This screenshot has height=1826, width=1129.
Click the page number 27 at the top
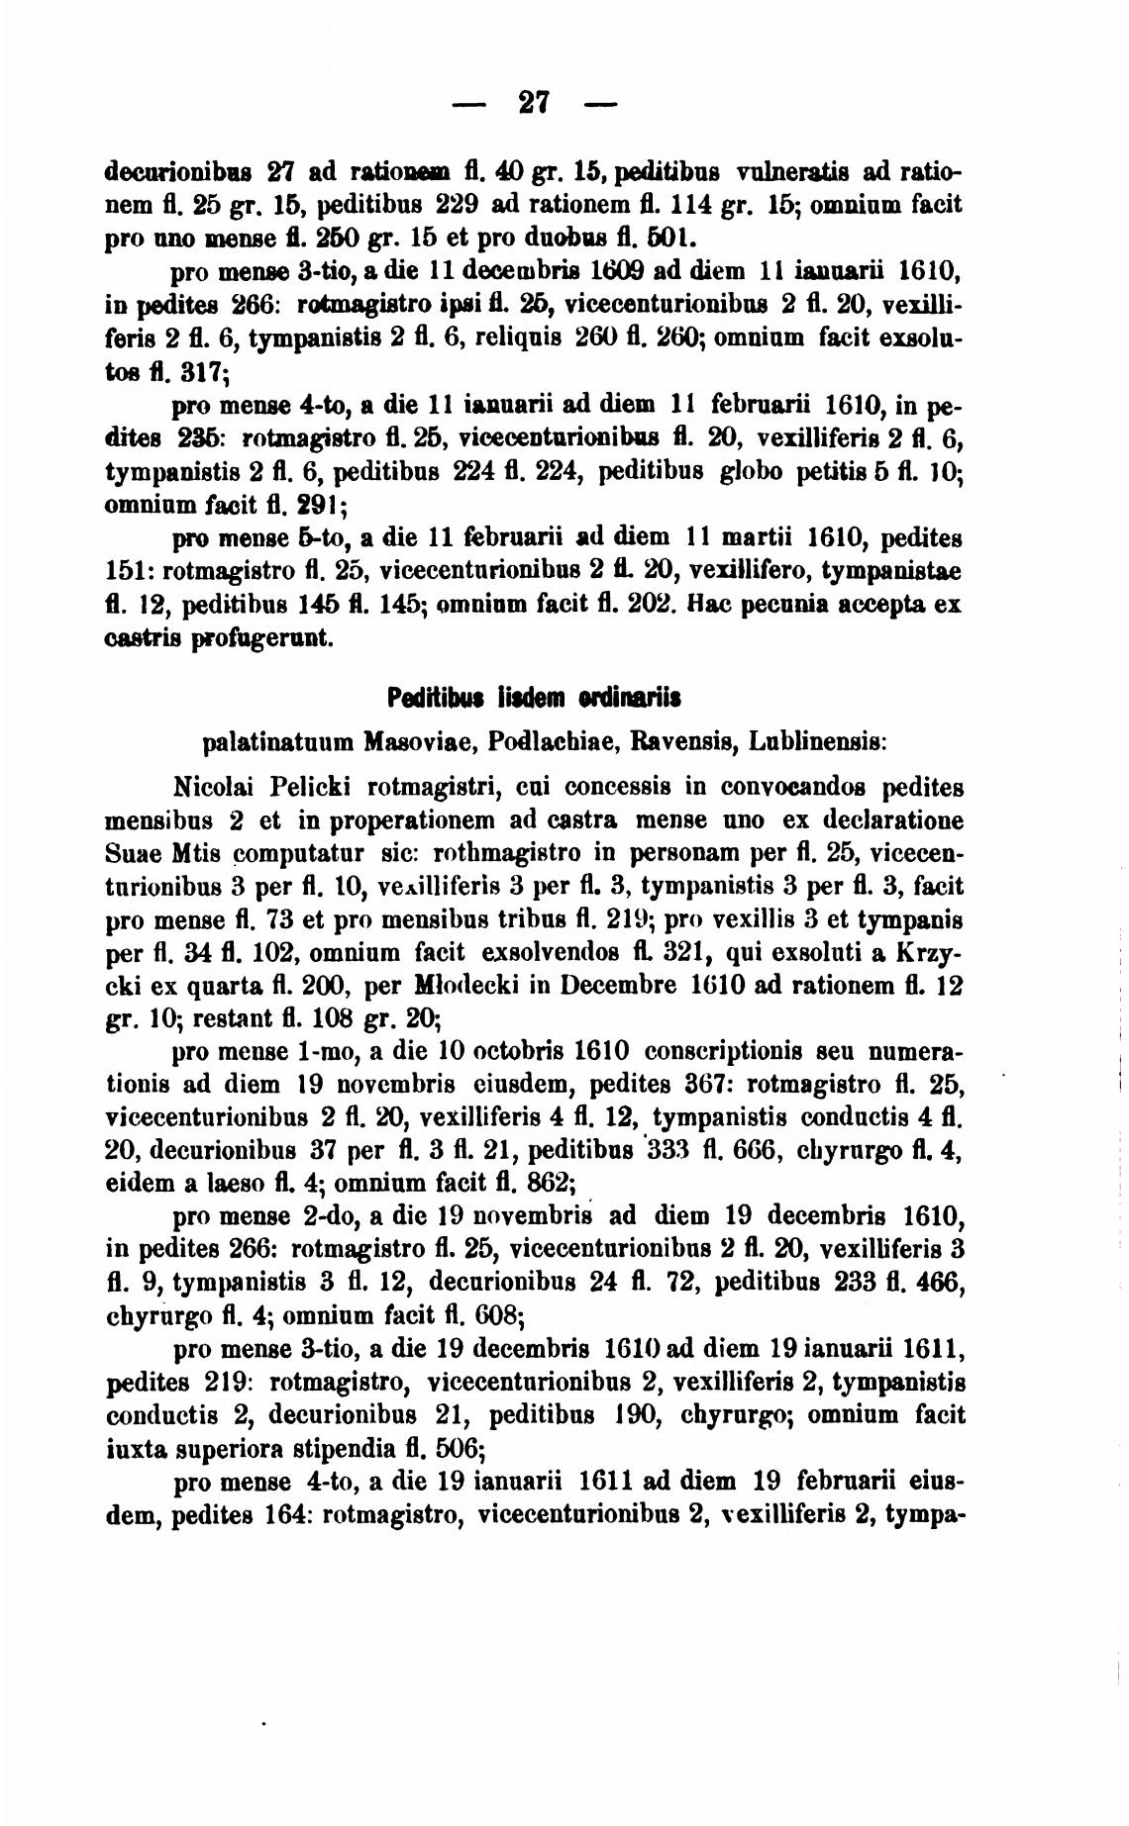click(534, 103)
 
